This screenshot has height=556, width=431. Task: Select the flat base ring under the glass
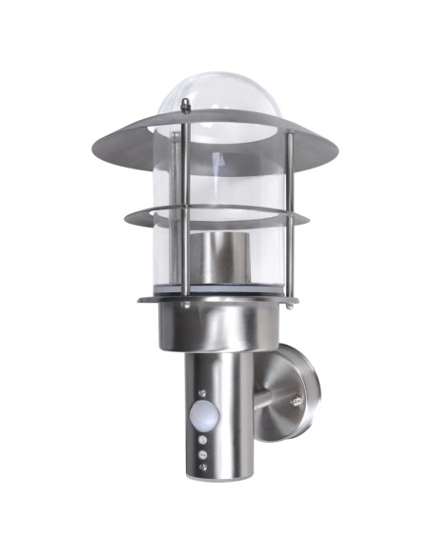(153, 299)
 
